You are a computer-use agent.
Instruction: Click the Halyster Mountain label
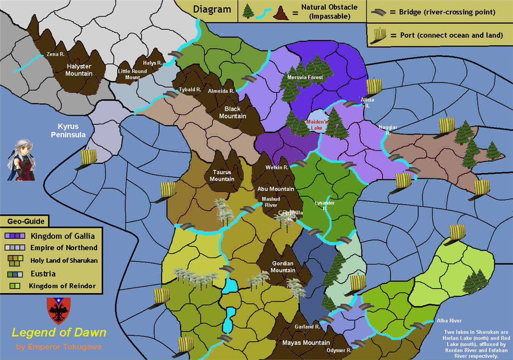point(79,70)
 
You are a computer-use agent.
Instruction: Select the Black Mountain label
point(233,112)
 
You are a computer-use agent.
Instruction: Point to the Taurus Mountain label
point(222,176)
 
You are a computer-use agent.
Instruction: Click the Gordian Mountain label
point(283,267)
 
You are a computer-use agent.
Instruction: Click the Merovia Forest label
point(305,77)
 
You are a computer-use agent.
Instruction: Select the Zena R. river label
point(55,54)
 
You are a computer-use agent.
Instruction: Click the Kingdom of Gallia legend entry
point(63,236)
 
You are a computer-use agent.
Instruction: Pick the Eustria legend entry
point(43,273)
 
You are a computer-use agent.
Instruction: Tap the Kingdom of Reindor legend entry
point(62,286)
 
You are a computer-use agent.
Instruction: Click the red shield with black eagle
point(59,311)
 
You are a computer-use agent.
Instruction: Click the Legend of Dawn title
point(59,333)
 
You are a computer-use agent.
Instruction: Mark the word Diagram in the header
point(212,10)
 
